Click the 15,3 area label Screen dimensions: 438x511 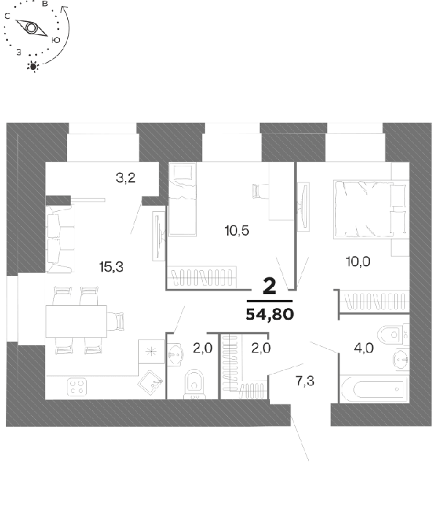111,267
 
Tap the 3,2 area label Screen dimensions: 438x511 126,178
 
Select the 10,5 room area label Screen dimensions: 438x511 237,231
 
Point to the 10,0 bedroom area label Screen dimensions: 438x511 358,261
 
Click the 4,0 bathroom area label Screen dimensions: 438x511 364,348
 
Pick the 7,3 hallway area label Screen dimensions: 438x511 305,380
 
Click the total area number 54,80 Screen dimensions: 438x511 270,314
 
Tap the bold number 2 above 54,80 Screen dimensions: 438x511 269,286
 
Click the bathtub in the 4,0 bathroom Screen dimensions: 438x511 374,389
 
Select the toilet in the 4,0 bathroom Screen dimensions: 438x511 393,334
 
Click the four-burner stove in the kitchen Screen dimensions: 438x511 77,387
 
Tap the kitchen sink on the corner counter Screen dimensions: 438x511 150,383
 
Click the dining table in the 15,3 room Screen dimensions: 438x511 76,321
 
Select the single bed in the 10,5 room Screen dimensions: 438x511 182,199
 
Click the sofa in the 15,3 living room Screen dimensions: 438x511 60,238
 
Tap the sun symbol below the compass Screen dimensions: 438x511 33,66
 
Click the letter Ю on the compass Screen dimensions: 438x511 55,39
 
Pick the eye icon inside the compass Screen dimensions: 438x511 31,28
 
